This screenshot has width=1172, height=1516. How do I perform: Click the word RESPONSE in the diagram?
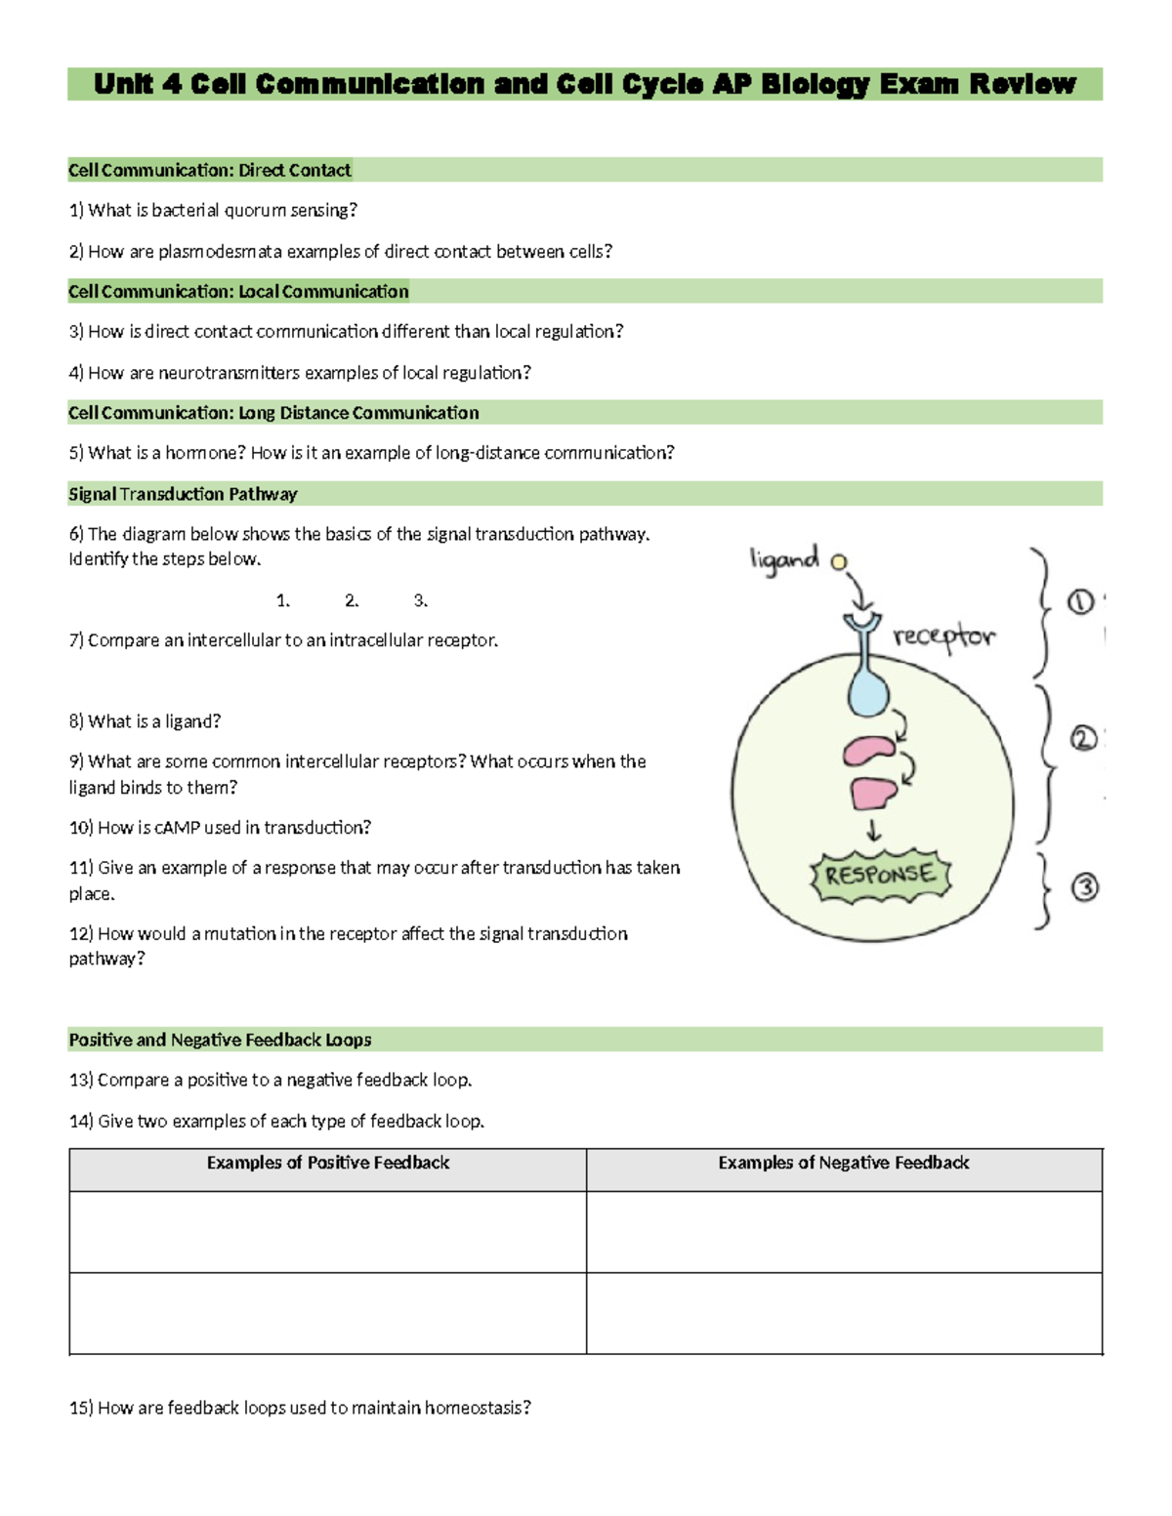click(880, 875)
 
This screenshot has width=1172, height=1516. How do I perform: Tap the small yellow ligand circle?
click(838, 561)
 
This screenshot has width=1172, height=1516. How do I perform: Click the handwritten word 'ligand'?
click(783, 559)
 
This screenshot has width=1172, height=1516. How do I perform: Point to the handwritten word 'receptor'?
click(943, 636)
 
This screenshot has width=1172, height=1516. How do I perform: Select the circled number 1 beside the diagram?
click(1080, 602)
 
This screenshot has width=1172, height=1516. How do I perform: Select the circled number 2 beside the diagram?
click(1083, 739)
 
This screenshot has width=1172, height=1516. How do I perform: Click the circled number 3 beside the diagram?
click(1085, 887)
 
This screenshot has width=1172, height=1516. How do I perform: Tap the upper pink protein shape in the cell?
click(868, 751)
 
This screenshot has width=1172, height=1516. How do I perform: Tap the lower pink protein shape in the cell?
click(873, 792)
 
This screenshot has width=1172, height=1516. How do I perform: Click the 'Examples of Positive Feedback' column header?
click(327, 1163)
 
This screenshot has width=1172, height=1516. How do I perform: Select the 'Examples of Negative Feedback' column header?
click(844, 1163)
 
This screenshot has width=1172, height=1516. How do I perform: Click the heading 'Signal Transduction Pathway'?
click(183, 494)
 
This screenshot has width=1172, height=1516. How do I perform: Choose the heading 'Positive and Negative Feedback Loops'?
click(220, 1040)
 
